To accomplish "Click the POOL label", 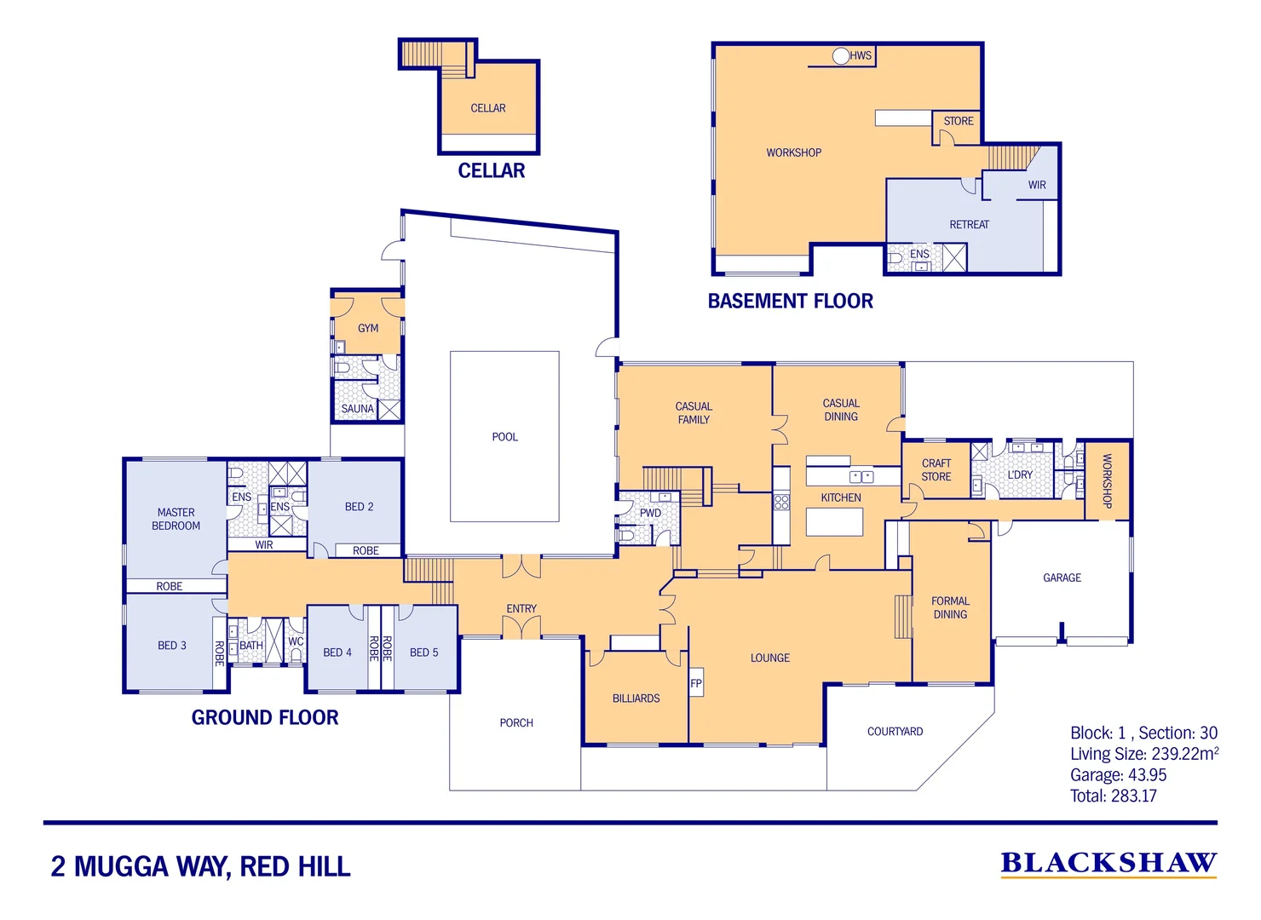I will pos(504,437).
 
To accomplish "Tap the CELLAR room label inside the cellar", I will pos(487,108).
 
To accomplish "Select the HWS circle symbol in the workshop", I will pos(841,56).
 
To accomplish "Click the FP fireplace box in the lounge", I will pos(696,683).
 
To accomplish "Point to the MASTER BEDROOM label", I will pos(176,519).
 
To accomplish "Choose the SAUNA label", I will pos(357,409).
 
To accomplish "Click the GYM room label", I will pos(367,328).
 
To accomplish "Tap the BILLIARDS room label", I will pos(636,699).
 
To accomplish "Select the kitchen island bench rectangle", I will pos(834,521).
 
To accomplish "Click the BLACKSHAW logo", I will pos(1108,864).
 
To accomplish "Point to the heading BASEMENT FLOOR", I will pos(790,301).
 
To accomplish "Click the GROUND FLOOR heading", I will pos(264,717).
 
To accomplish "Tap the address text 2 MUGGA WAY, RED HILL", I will pos(200,866).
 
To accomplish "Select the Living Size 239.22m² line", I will pos(1143,754).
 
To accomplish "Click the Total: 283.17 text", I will pos(1113,796).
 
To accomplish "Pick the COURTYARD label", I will pos(895,732).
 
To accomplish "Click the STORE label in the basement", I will pos(958,121).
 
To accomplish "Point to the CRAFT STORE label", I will pos(936,470).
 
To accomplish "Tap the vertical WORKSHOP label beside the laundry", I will pos(1107,481).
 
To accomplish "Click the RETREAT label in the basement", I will pos(969,225).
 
